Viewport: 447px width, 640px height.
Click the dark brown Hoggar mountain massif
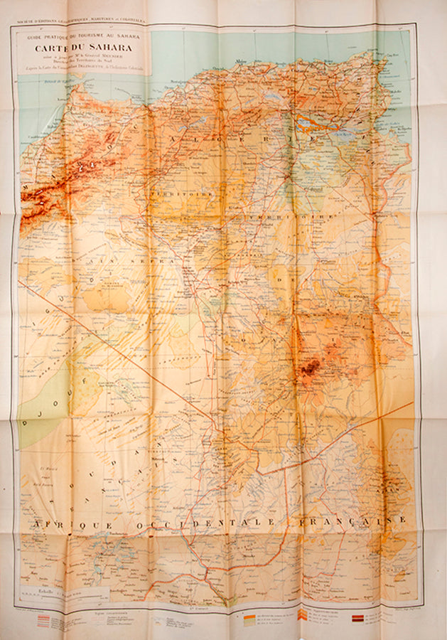[x=310, y=368]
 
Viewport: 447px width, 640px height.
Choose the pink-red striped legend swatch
[x=43, y=620]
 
